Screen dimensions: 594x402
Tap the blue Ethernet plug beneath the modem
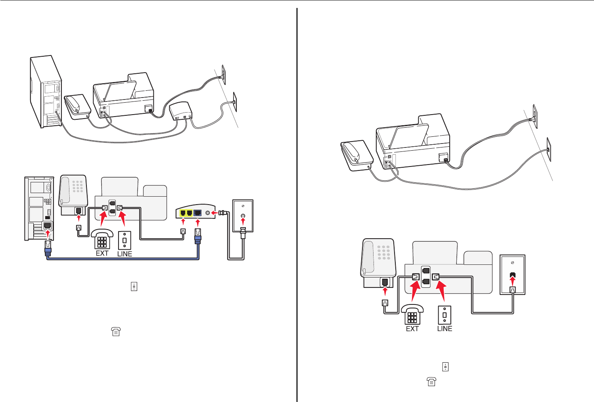coord(197,238)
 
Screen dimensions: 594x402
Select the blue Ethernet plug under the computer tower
coord(48,247)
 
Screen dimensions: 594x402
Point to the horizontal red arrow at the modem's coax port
coord(215,213)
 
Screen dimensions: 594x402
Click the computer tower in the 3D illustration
coord(46,92)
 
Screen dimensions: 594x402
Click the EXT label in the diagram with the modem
coord(102,253)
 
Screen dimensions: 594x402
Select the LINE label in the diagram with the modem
coord(125,254)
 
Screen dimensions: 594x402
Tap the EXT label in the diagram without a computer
coord(412,329)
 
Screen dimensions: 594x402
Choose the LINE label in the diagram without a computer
coord(445,329)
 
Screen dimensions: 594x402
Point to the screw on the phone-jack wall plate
coord(512,263)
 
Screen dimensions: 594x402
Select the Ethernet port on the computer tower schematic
coord(48,226)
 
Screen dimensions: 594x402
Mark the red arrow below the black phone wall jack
coord(512,282)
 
